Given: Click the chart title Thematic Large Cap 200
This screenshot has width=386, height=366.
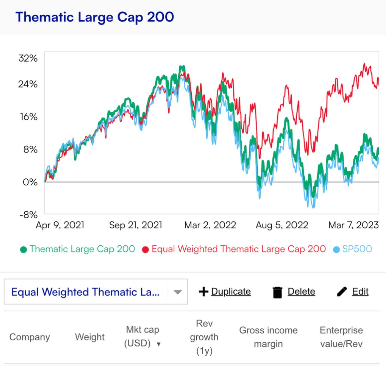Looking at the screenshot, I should coord(95,17).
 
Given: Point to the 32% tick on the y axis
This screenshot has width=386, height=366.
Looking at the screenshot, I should coord(28,58).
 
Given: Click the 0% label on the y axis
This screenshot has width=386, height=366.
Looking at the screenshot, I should coord(30,182).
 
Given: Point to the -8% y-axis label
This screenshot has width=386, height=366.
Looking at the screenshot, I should coord(28,215).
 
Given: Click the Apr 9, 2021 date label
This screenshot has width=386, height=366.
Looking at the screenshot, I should coord(60,225).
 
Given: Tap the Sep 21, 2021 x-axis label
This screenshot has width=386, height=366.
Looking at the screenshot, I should coord(135,225).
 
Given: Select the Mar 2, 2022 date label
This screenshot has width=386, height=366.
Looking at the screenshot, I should coord(210,225).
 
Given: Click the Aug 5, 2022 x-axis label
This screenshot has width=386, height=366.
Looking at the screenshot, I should coord(282,225).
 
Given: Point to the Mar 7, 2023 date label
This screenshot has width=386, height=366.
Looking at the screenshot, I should coord(353,225).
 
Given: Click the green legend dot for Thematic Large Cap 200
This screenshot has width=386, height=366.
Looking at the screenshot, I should coord(23,250).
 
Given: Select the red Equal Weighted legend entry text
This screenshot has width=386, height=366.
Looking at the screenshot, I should coord(238,249).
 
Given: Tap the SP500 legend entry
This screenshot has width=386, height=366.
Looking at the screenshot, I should coord(357,249).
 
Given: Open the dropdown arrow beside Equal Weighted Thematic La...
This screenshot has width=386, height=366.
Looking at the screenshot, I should coord(178,292).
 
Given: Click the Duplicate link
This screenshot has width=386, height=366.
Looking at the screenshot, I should coord(231,291).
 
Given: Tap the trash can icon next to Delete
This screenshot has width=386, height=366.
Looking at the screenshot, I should coord(277,292).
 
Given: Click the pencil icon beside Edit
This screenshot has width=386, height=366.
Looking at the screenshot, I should coord(342,292).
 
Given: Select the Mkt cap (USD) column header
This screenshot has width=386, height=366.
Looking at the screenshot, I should coord(142,337).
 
